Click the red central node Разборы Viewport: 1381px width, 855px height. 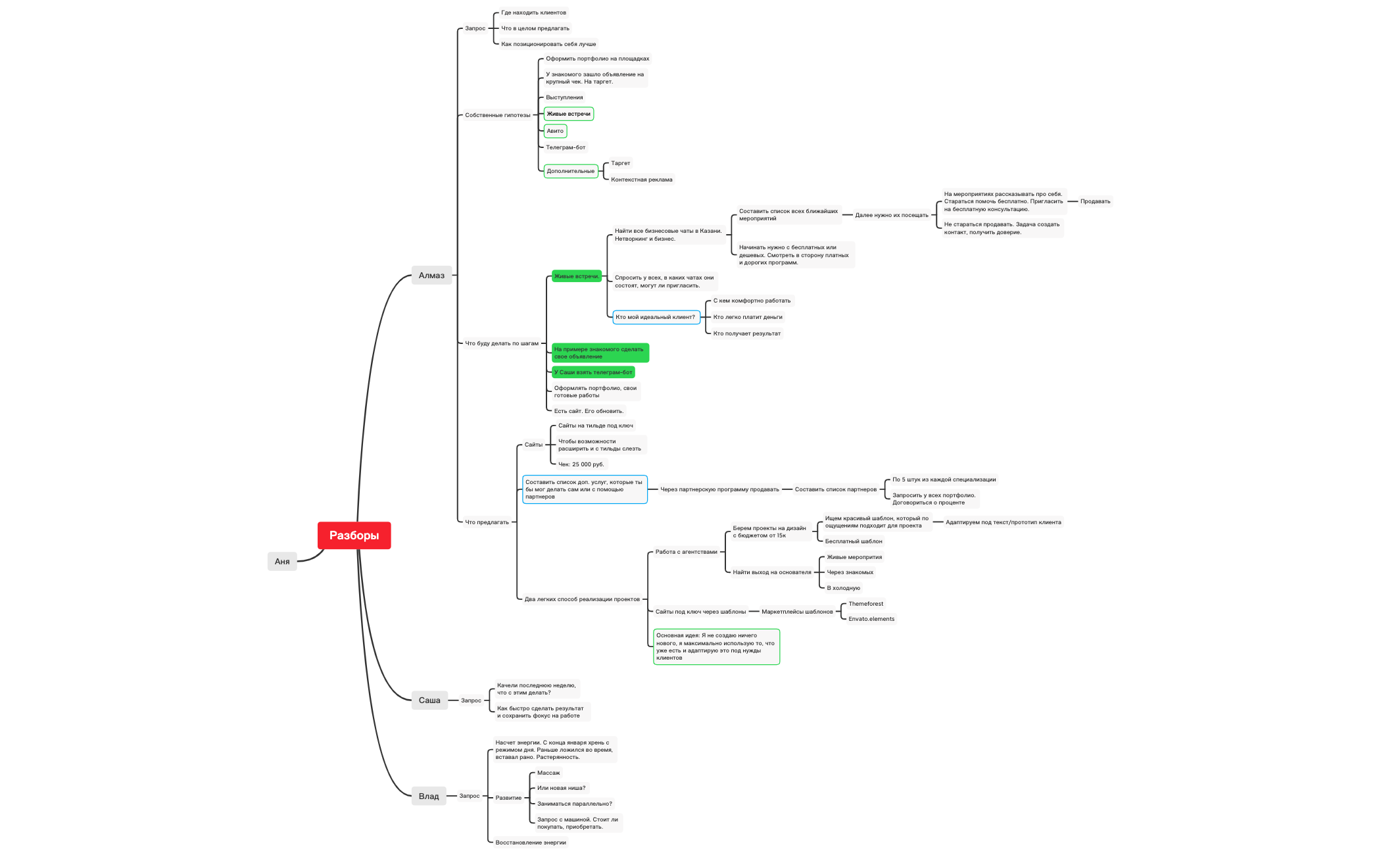pyautogui.click(x=354, y=535)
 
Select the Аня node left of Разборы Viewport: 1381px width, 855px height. pyautogui.click(x=282, y=561)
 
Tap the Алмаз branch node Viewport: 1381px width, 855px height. pyautogui.click(x=431, y=276)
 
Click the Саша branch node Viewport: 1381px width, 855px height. pyautogui.click(x=429, y=700)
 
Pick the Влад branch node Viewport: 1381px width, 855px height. pyautogui.click(x=429, y=796)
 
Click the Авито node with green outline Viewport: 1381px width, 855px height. pyautogui.click(x=555, y=131)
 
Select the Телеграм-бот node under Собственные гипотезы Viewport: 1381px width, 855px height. pyautogui.click(x=566, y=147)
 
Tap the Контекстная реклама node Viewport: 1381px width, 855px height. pyautogui.click(x=641, y=180)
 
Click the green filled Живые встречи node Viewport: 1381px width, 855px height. pyautogui.click(x=576, y=276)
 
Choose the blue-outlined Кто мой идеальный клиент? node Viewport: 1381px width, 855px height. pyautogui.click(x=655, y=317)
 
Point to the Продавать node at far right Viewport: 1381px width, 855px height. pyautogui.click(x=1095, y=201)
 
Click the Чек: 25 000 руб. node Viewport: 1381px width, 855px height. pyautogui.click(x=581, y=464)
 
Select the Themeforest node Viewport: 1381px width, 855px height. pyautogui.click(x=865, y=604)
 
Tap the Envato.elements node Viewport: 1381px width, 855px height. pyautogui.click(x=871, y=619)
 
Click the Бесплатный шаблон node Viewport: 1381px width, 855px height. pyautogui.click(x=853, y=541)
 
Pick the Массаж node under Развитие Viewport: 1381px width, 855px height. pyautogui.click(x=548, y=773)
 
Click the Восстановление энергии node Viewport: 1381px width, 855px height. pyautogui.click(x=530, y=843)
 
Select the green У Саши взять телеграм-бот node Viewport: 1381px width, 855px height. pyautogui.click(x=593, y=372)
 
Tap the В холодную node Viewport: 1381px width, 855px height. pyautogui.click(x=843, y=588)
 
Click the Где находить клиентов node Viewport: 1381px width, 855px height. pyautogui.click(x=533, y=12)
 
